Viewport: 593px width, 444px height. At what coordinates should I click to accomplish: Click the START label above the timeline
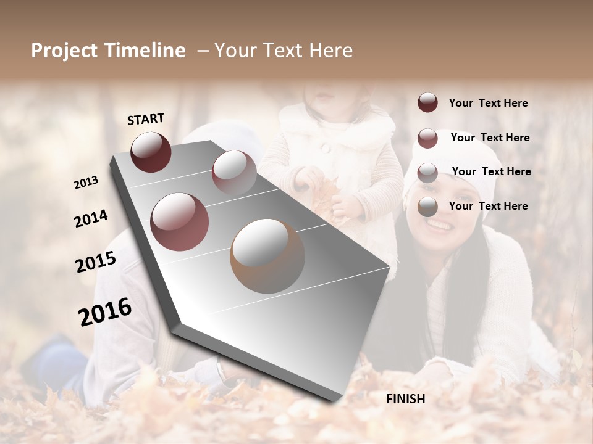[146, 118]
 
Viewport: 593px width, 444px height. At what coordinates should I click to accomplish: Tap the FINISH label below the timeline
[405, 399]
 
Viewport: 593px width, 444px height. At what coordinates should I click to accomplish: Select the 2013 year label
[86, 183]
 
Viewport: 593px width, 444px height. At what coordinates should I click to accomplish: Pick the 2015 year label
[96, 262]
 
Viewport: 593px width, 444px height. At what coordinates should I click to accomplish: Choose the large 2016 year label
[105, 311]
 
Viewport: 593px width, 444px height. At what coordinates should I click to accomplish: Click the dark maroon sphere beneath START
[151, 152]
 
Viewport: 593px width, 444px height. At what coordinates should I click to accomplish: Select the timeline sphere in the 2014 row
[180, 221]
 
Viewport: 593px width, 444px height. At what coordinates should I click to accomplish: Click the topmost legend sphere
[427, 102]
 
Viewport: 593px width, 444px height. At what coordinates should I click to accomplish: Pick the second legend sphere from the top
[427, 138]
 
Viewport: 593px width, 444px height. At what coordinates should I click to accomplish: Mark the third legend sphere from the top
[427, 173]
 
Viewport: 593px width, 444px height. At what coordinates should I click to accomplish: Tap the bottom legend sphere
[427, 207]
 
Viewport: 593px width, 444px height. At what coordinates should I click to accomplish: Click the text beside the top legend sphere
[488, 104]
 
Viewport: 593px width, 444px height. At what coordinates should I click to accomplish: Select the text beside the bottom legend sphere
[488, 206]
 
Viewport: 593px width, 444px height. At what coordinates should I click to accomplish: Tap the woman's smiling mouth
[439, 224]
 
